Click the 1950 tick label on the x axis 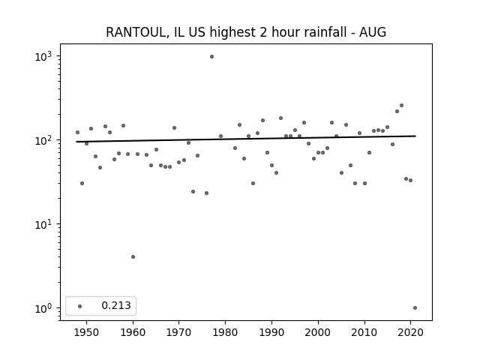pyautogui.click(x=87, y=333)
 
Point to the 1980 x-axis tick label pyautogui.click(x=225, y=333)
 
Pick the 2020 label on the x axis pyautogui.click(x=410, y=333)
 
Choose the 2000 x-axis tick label pyautogui.click(x=318, y=333)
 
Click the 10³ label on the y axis pyautogui.click(x=43, y=56)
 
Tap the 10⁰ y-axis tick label pyautogui.click(x=43, y=308)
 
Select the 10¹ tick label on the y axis pyautogui.click(x=43, y=224)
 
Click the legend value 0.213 pyautogui.click(x=116, y=305)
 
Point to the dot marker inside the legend pyautogui.click(x=80, y=306)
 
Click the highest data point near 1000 pyautogui.click(x=211, y=57)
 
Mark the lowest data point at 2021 pyautogui.click(x=415, y=308)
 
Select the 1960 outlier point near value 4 pyautogui.click(x=133, y=256)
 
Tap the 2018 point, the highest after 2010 pyautogui.click(x=402, y=105)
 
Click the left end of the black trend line pyautogui.click(x=76, y=142)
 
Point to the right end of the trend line pyautogui.click(x=415, y=136)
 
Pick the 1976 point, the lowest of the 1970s pyautogui.click(x=207, y=193)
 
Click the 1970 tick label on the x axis pyautogui.click(x=179, y=333)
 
